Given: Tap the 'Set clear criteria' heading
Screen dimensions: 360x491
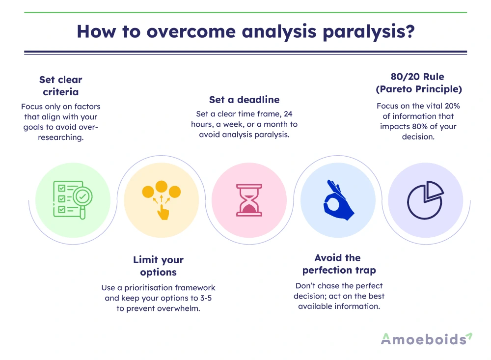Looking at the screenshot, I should pos(61,85).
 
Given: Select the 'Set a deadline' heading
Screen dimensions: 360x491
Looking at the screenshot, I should pos(244,100).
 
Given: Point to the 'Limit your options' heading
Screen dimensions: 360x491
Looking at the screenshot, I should pos(158,266).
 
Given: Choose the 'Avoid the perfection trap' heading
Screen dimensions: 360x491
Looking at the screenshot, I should pos(338,264).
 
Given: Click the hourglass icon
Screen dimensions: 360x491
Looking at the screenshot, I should pos(249,200).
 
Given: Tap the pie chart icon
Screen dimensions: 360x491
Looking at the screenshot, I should pos(425,200).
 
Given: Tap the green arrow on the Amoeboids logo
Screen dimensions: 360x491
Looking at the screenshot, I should pos(469,336).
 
